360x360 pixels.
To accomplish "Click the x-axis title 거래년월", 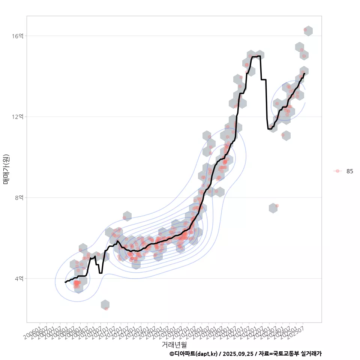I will pyautogui.click(x=174, y=344).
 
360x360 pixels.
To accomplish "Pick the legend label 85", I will pyautogui.click(x=350, y=171).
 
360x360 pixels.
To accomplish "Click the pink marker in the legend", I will pyautogui.click(x=337, y=171).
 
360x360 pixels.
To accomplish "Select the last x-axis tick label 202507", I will pyautogui.click(x=297, y=332).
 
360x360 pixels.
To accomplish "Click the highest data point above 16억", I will pyautogui.click(x=305, y=30).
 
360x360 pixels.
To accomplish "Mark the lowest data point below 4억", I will pyautogui.click(x=106, y=308).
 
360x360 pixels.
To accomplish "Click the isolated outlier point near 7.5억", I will pyautogui.click(x=277, y=206).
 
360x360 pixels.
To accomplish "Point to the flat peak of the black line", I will pyautogui.click(x=256, y=57).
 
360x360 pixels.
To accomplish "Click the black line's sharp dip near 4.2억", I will pyautogui.click(x=100, y=273).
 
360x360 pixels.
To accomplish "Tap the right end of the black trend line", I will pyautogui.click(x=304, y=73).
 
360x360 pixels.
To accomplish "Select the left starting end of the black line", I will pyautogui.click(x=65, y=282).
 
